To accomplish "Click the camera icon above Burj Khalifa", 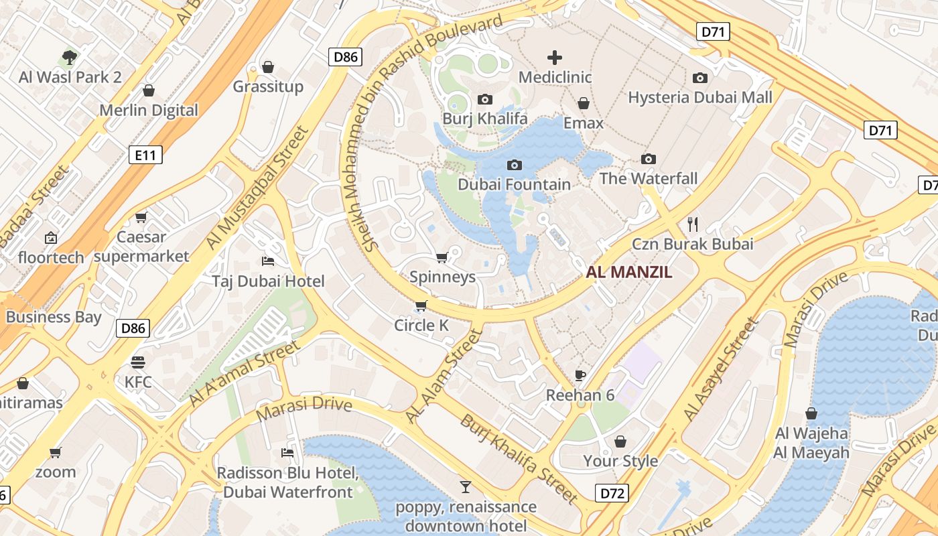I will [485, 99].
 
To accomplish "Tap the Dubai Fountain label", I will [515, 184].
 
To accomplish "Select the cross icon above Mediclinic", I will [555, 58].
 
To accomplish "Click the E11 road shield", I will [145, 155].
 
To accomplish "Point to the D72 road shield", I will [612, 494].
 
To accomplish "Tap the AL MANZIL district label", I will [628, 273].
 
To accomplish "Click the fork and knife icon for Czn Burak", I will [693, 224].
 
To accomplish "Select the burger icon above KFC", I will [138, 362].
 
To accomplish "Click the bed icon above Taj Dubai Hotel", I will [268, 261].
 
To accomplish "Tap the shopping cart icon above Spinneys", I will [442, 257].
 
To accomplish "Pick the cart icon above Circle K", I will [421, 306].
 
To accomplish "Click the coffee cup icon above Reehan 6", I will [580, 375].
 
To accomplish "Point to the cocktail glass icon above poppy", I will [466, 486].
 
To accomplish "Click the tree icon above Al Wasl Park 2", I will [70, 57].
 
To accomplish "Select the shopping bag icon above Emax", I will [584, 103].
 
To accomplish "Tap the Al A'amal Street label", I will [244, 373].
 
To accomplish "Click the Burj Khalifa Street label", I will [519, 459].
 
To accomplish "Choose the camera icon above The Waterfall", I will [648, 159].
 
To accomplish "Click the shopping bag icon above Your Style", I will [620, 442].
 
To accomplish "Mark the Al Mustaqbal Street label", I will [257, 189].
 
